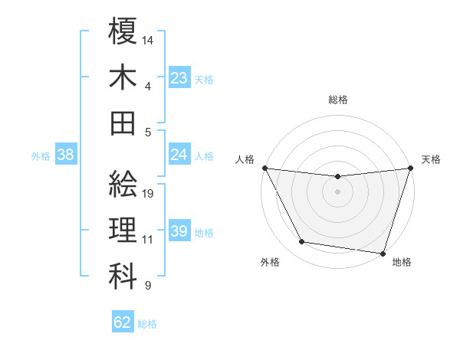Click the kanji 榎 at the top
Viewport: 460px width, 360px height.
point(123,31)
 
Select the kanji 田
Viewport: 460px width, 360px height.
point(123,122)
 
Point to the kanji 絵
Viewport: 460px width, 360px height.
point(123,184)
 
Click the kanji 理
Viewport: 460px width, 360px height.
point(123,230)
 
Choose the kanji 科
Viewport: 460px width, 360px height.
point(123,275)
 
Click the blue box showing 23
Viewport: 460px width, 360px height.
point(179,77)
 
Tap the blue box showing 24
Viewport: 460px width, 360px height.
point(179,155)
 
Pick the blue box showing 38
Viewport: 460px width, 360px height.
point(66,155)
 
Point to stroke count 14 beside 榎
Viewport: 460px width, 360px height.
point(149,39)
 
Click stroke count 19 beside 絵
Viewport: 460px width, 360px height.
point(149,193)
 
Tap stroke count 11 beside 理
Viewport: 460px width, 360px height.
point(148,239)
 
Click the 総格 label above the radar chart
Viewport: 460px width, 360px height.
point(337,100)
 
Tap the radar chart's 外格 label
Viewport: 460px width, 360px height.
point(270,262)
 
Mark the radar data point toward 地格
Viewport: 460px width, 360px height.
point(383,253)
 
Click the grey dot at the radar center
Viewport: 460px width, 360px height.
point(337,191)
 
